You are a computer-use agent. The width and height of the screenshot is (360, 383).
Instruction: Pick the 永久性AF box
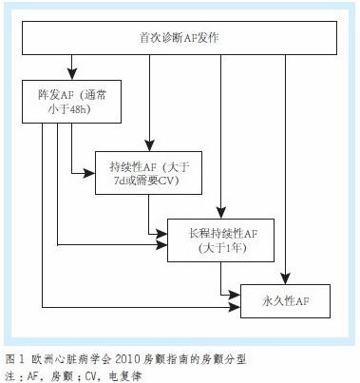tap(286, 300)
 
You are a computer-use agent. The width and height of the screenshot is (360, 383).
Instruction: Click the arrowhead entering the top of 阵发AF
tap(71, 76)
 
